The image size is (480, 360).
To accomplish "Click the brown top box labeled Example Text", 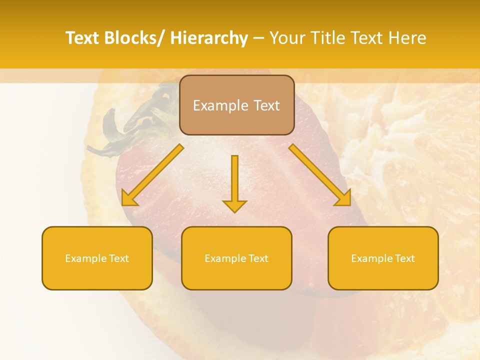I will (236, 105).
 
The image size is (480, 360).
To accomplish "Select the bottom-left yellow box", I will (97, 258).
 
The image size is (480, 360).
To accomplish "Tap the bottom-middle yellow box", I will (236, 258).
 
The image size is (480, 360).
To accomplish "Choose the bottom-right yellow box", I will (383, 258).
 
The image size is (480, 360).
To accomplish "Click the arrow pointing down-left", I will (152, 175).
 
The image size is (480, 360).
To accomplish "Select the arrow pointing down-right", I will (320, 175).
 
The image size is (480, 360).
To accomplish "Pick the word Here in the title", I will (408, 38).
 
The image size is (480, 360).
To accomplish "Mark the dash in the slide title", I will (258, 38).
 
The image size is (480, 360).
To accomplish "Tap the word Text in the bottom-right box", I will (403, 258).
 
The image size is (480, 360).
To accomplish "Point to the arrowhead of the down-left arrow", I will (128, 198).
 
